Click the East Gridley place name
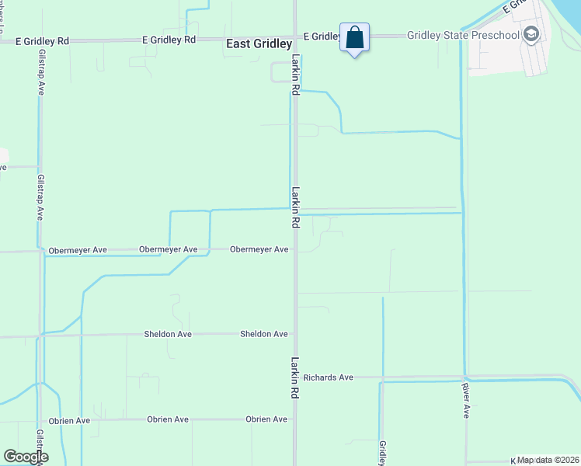click(259, 44)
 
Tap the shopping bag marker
click(354, 38)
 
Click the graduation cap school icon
click(531, 34)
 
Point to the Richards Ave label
click(329, 377)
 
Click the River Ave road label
click(465, 400)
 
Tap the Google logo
click(26, 457)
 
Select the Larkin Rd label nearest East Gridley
click(296, 75)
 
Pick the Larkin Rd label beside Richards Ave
click(296, 377)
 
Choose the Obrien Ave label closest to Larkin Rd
click(266, 419)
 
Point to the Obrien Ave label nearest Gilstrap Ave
click(70, 420)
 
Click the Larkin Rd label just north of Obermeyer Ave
click(296, 207)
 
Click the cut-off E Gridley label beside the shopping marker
click(322, 37)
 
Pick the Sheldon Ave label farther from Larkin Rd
click(168, 334)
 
